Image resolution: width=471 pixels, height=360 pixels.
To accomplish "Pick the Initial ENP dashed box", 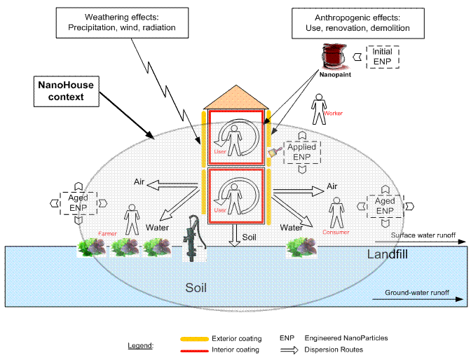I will point(381,55).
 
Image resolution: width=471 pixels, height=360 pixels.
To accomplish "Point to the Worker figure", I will point(320,107).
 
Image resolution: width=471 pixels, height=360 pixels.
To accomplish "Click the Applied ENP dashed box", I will point(301,151).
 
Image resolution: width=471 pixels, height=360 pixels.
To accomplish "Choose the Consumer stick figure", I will point(336,211).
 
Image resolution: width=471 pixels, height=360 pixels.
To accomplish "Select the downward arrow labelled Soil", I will point(235,235).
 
